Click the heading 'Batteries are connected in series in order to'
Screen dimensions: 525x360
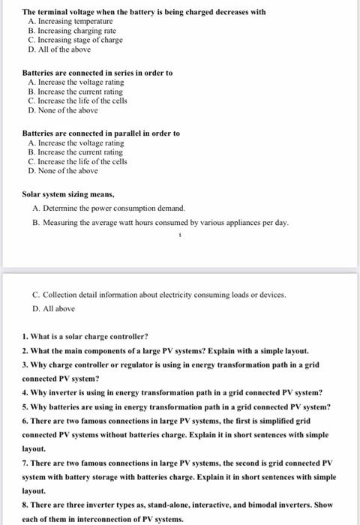[x=97, y=73]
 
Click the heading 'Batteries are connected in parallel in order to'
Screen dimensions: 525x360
[x=100, y=133]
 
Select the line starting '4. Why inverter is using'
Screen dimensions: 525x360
[x=172, y=392]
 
